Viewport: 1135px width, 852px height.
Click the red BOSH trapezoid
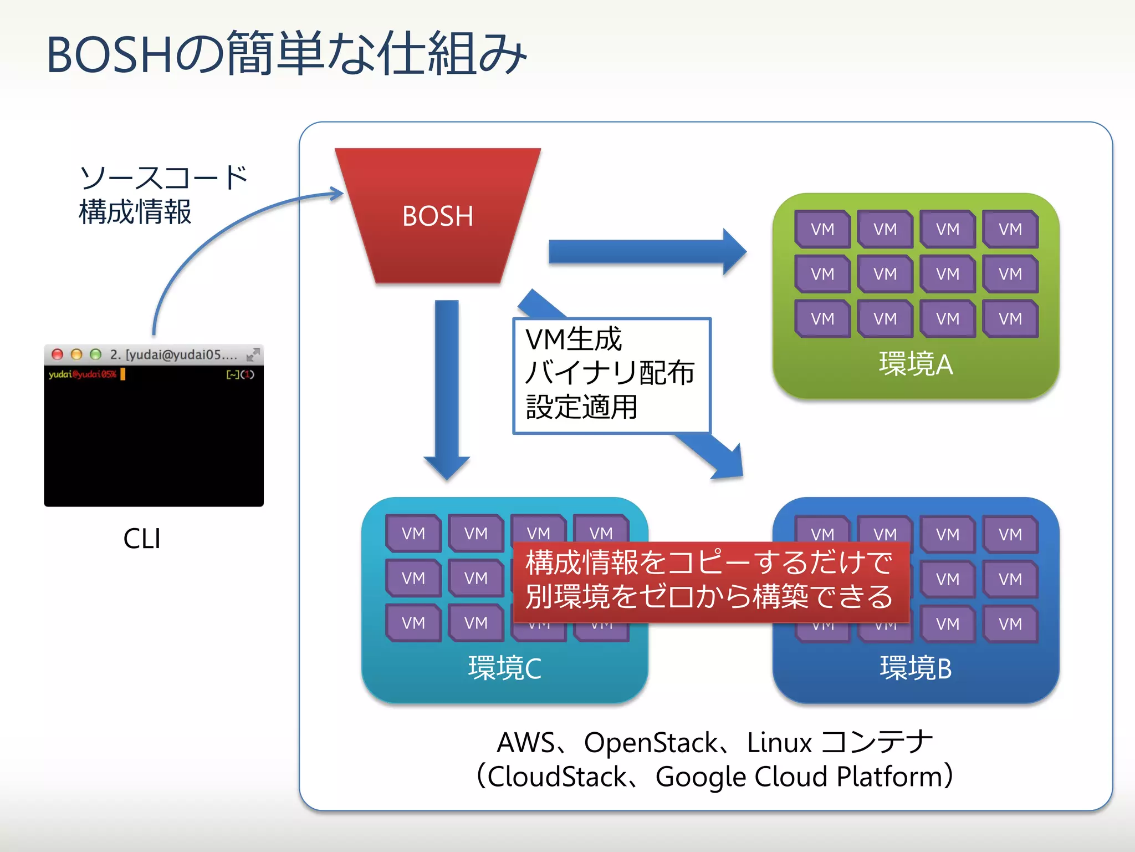pyautogui.click(x=438, y=216)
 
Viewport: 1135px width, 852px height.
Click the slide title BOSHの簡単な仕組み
pyautogui.click(x=286, y=54)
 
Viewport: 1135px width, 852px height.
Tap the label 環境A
pyautogui.click(x=916, y=364)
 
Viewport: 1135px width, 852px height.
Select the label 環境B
pyautogui.click(x=916, y=668)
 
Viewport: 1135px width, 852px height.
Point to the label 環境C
pyautogui.click(x=504, y=668)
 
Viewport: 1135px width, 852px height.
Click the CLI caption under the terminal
pyautogui.click(x=142, y=539)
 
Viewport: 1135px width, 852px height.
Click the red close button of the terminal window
pyautogui.click(x=57, y=354)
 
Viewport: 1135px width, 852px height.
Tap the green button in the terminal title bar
pyautogui.click(x=95, y=354)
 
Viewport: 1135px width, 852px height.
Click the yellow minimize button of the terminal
pyautogui.click(x=76, y=354)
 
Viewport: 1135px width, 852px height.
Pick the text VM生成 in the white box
pyautogui.click(x=573, y=339)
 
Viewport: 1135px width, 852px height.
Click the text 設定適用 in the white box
pyautogui.click(x=581, y=407)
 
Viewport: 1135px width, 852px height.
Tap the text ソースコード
pyautogui.click(x=164, y=178)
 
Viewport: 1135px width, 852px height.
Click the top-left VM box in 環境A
pyautogui.click(x=822, y=229)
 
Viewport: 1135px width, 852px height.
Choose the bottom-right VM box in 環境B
pyautogui.click(x=1010, y=624)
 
